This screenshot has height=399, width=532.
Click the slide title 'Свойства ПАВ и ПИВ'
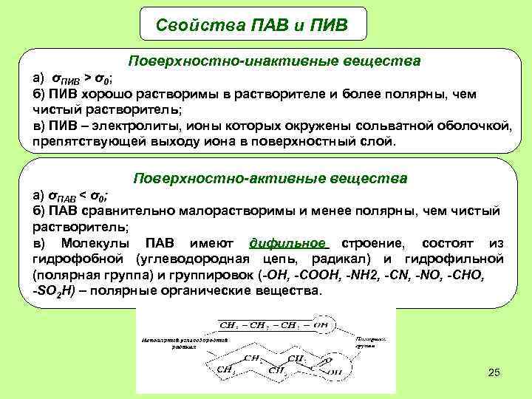point(252,24)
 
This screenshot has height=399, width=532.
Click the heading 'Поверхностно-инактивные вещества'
point(275,60)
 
